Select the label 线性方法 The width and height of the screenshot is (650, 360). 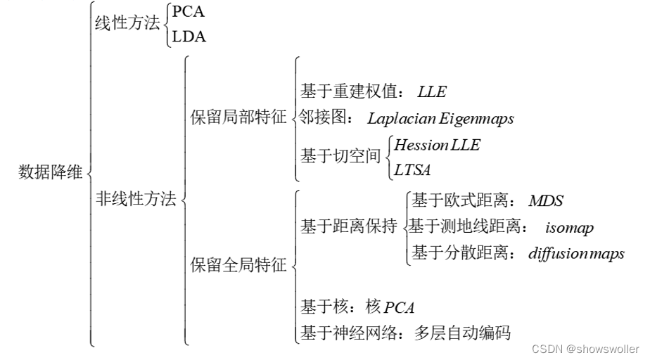pyautogui.click(x=127, y=23)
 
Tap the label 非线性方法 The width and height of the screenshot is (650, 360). pyautogui.click(x=136, y=200)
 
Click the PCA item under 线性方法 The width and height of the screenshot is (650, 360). pyautogui.click(x=188, y=12)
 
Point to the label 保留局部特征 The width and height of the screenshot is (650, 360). pyautogui.click(x=239, y=118)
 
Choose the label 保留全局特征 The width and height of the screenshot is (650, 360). pyautogui.click(x=239, y=265)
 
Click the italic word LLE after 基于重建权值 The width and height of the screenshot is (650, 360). pyautogui.click(x=431, y=92)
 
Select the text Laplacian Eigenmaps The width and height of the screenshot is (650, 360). pyautogui.click(x=440, y=119)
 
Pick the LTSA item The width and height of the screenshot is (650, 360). pyautogui.click(x=412, y=169)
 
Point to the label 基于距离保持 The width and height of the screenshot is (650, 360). pyautogui.click(x=349, y=226)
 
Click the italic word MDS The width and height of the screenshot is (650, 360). pyautogui.click(x=546, y=201)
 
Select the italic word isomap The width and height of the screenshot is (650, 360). pyautogui.click(x=569, y=228)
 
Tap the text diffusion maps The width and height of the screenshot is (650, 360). pyautogui.click(x=576, y=254)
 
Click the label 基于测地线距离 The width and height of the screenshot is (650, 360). pyautogui.click(x=464, y=227)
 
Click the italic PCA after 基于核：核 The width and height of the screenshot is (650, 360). pyautogui.click(x=399, y=307)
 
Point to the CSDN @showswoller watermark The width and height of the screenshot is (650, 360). pyautogui.click(x=585, y=349)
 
